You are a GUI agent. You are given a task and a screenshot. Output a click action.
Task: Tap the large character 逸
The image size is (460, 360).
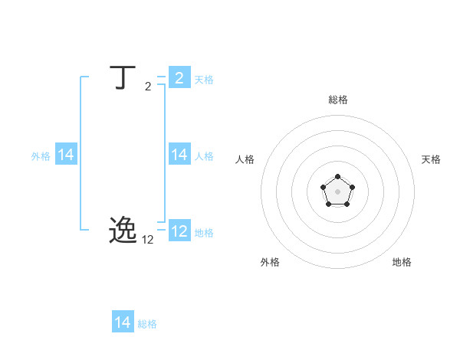tap(123, 230)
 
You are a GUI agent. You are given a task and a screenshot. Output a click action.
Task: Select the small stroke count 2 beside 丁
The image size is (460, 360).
tap(148, 87)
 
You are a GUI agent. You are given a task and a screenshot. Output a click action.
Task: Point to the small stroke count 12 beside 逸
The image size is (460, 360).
tap(148, 240)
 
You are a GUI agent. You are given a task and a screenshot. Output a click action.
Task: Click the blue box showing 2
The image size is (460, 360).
tap(179, 78)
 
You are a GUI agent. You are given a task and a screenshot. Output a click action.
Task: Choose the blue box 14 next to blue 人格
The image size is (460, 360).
tap(179, 155)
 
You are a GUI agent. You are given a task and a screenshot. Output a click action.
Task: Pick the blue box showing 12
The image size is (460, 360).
tap(179, 231)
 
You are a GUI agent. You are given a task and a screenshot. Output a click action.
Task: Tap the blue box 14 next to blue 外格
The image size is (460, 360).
tap(66, 155)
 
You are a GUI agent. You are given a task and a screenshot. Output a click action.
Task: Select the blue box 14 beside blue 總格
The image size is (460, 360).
tap(123, 322)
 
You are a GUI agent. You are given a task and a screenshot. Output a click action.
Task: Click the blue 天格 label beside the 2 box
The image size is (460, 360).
tap(204, 80)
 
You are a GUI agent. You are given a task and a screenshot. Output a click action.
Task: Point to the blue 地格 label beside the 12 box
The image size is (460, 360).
tap(204, 233)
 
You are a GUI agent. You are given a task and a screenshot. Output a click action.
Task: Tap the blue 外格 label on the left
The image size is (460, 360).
tap(41, 156)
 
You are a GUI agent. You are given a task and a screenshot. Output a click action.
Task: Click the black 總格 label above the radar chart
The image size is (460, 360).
tap(338, 100)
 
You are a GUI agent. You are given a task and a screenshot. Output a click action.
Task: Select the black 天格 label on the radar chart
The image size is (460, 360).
tap(432, 159)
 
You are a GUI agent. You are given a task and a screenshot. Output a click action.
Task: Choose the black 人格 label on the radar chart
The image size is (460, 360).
tap(245, 159)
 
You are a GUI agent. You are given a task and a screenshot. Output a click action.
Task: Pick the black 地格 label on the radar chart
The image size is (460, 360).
tap(402, 262)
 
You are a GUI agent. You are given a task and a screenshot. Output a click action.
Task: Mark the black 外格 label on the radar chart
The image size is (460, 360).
tap(270, 262)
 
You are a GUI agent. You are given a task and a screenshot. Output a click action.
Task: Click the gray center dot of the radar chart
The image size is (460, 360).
tap(337, 191)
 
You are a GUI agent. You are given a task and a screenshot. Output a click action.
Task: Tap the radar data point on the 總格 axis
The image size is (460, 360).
tap(337, 177)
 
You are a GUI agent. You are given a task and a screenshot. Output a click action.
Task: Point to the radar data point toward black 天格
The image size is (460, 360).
tap(352, 187)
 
